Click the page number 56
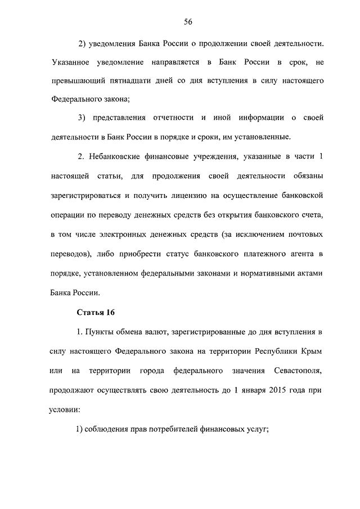point(188,22)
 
